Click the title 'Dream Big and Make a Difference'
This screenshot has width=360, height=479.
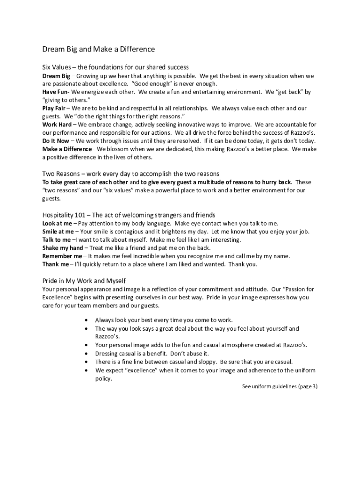(99, 49)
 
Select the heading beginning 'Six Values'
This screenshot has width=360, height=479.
(115, 67)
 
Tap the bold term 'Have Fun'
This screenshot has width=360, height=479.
(55, 92)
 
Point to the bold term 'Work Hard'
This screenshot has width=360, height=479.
(57, 124)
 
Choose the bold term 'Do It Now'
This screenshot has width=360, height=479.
(56, 141)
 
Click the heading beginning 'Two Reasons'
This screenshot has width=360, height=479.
(131, 174)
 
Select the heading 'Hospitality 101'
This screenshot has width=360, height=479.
(129, 215)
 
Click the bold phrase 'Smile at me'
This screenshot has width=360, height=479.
(58, 232)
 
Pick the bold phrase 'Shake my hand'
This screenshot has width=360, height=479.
(63, 248)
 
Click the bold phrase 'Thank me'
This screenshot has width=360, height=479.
(55, 264)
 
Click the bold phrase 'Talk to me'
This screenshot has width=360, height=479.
(57, 239)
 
